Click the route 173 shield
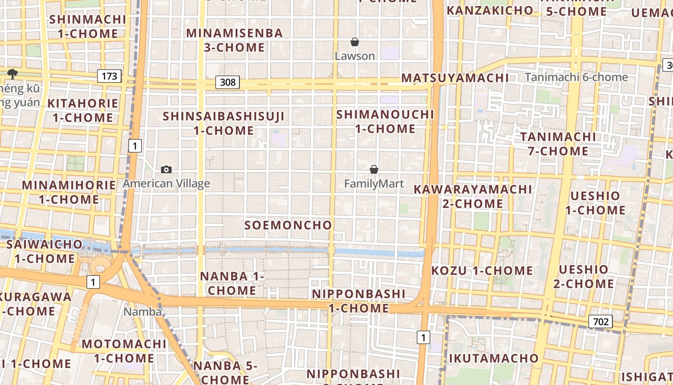(x=109, y=76)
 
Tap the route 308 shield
(x=227, y=82)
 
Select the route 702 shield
(x=601, y=321)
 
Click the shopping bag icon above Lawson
(x=355, y=42)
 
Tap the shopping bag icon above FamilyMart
(x=374, y=170)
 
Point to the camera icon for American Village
(x=166, y=169)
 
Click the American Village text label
(x=166, y=183)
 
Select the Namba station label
(x=142, y=311)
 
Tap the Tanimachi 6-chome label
(x=576, y=77)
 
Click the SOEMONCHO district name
(x=288, y=225)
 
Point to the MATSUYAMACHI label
(x=455, y=78)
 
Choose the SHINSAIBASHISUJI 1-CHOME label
(x=224, y=123)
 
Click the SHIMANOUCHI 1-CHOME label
(x=385, y=121)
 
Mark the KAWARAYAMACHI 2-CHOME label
(x=473, y=196)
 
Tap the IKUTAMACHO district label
(x=494, y=358)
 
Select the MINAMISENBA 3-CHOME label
(x=235, y=40)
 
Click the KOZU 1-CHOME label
(x=482, y=270)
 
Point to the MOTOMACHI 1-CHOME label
(x=124, y=351)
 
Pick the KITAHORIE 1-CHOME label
(x=83, y=110)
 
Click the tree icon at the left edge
(x=12, y=74)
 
